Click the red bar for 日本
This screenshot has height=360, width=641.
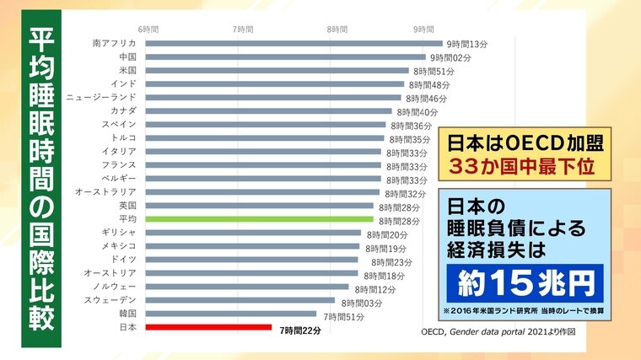click(208, 327)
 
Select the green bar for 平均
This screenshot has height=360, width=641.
click(259, 219)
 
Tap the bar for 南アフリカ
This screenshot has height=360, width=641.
click(294, 44)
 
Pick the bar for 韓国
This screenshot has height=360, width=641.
click(231, 314)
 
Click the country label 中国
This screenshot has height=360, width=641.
click(128, 57)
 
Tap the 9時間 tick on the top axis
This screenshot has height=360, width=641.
click(424, 30)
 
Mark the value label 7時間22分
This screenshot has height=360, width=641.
click(301, 330)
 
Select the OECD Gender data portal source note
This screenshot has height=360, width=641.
click(487, 331)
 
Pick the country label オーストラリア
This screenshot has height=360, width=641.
click(106, 192)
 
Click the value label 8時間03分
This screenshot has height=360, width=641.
click(362, 301)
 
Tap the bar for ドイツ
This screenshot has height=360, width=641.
click(251, 260)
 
